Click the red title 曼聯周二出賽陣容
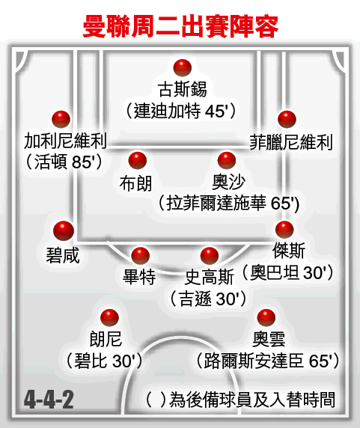click(180, 26)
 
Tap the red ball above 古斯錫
click(183, 67)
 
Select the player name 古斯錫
click(182, 89)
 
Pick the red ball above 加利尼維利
click(61, 119)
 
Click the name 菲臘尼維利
click(291, 142)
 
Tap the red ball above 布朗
click(138, 160)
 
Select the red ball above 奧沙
click(227, 160)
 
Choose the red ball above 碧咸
click(64, 230)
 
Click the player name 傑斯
click(289, 251)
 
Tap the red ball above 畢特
click(140, 256)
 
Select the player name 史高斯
click(210, 277)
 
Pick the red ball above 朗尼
click(109, 318)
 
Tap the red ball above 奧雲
click(266, 318)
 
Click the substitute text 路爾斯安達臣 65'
click(268, 361)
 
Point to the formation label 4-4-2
click(49, 400)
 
